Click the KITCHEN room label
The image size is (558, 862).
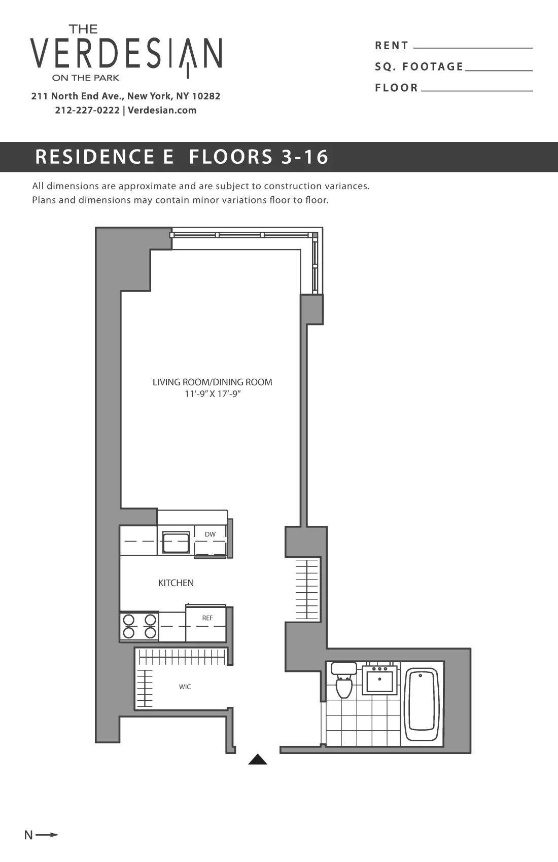click(176, 583)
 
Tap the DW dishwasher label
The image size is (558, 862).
click(210, 534)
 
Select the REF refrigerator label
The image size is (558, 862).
click(207, 618)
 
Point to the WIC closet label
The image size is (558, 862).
click(185, 687)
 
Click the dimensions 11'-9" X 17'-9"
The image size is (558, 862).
click(212, 394)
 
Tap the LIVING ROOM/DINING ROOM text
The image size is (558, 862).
click(212, 382)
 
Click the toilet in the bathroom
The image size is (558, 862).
click(344, 682)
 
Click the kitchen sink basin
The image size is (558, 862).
click(176, 543)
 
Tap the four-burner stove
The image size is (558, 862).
click(139, 627)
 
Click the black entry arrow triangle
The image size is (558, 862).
click(258, 760)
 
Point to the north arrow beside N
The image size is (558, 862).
click(48, 835)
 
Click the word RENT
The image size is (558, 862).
click(392, 46)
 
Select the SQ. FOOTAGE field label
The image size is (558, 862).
click(419, 67)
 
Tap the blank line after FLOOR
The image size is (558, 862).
click(477, 90)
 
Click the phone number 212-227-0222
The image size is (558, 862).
click(87, 111)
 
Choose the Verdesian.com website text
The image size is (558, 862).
click(162, 111)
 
